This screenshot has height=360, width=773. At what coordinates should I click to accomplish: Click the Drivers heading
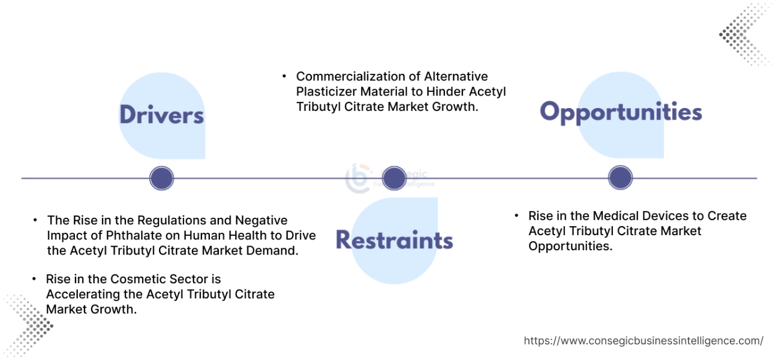click(x=161, y=115)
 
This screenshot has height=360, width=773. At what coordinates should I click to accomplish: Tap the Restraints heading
click(x=394, y=240)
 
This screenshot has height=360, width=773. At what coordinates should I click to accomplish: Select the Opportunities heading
click(x=621, y=112)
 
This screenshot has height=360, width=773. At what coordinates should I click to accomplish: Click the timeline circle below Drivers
click(x=161, y=178)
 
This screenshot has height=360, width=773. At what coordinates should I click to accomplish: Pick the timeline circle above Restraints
click(x=394, y=178)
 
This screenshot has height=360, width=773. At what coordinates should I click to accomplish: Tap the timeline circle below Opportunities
click(x=620, y=178)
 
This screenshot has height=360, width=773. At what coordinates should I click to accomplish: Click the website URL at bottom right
click(x=643, y=341)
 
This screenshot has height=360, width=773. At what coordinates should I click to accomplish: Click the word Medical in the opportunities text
click(x=616, y=216)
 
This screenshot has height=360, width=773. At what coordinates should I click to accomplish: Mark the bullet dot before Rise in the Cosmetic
click(x=35, y=280)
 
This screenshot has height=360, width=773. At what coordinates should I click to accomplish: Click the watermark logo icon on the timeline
click(x=359, y=178)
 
